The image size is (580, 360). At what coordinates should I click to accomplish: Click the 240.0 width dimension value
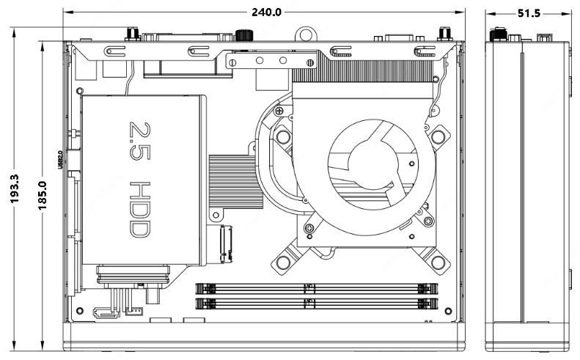266,12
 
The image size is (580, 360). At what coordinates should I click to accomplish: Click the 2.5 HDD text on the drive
139,180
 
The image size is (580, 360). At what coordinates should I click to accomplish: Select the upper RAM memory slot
317,287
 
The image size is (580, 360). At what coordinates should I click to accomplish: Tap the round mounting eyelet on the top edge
306,34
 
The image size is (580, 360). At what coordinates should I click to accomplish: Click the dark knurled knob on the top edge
243,34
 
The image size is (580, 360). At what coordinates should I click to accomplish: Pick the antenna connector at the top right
443,34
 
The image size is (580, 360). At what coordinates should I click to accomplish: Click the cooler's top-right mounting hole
438,136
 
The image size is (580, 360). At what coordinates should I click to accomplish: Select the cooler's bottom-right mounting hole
438,262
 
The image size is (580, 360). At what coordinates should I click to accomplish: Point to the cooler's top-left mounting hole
283,136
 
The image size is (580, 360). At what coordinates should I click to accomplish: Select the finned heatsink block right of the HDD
235,182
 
